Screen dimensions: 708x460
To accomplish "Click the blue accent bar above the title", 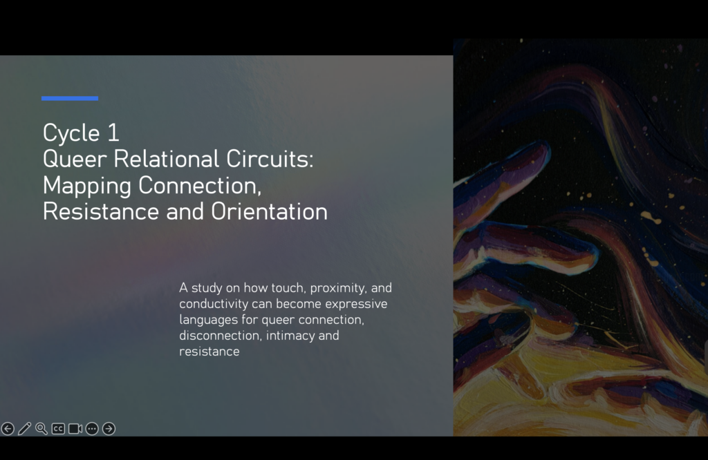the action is tap(70, 98).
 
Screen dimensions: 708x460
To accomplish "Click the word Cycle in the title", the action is tap(71, 133).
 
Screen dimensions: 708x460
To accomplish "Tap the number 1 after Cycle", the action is tap(113, 133).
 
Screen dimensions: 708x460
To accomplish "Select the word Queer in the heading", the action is tap(75, 159).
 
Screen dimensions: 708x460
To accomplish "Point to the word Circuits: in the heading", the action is tap(270, 159).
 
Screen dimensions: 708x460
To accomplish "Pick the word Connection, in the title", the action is tap(200, 185).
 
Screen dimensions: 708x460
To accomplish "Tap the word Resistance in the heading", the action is tap(101, 211).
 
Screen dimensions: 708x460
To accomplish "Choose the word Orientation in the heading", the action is tap(269, 211).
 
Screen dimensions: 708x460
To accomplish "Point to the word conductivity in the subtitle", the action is tap(214, 304).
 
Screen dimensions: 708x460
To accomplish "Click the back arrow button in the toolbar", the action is tap(8, 428).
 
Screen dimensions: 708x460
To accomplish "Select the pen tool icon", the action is tap(24, 428).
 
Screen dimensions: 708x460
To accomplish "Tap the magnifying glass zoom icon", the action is tap(41, 428).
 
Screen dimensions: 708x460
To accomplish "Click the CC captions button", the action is tap(58, 428).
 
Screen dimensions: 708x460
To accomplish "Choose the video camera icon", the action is tap(75, 428).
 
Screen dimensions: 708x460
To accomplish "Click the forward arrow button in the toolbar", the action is tap(109, 428).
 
